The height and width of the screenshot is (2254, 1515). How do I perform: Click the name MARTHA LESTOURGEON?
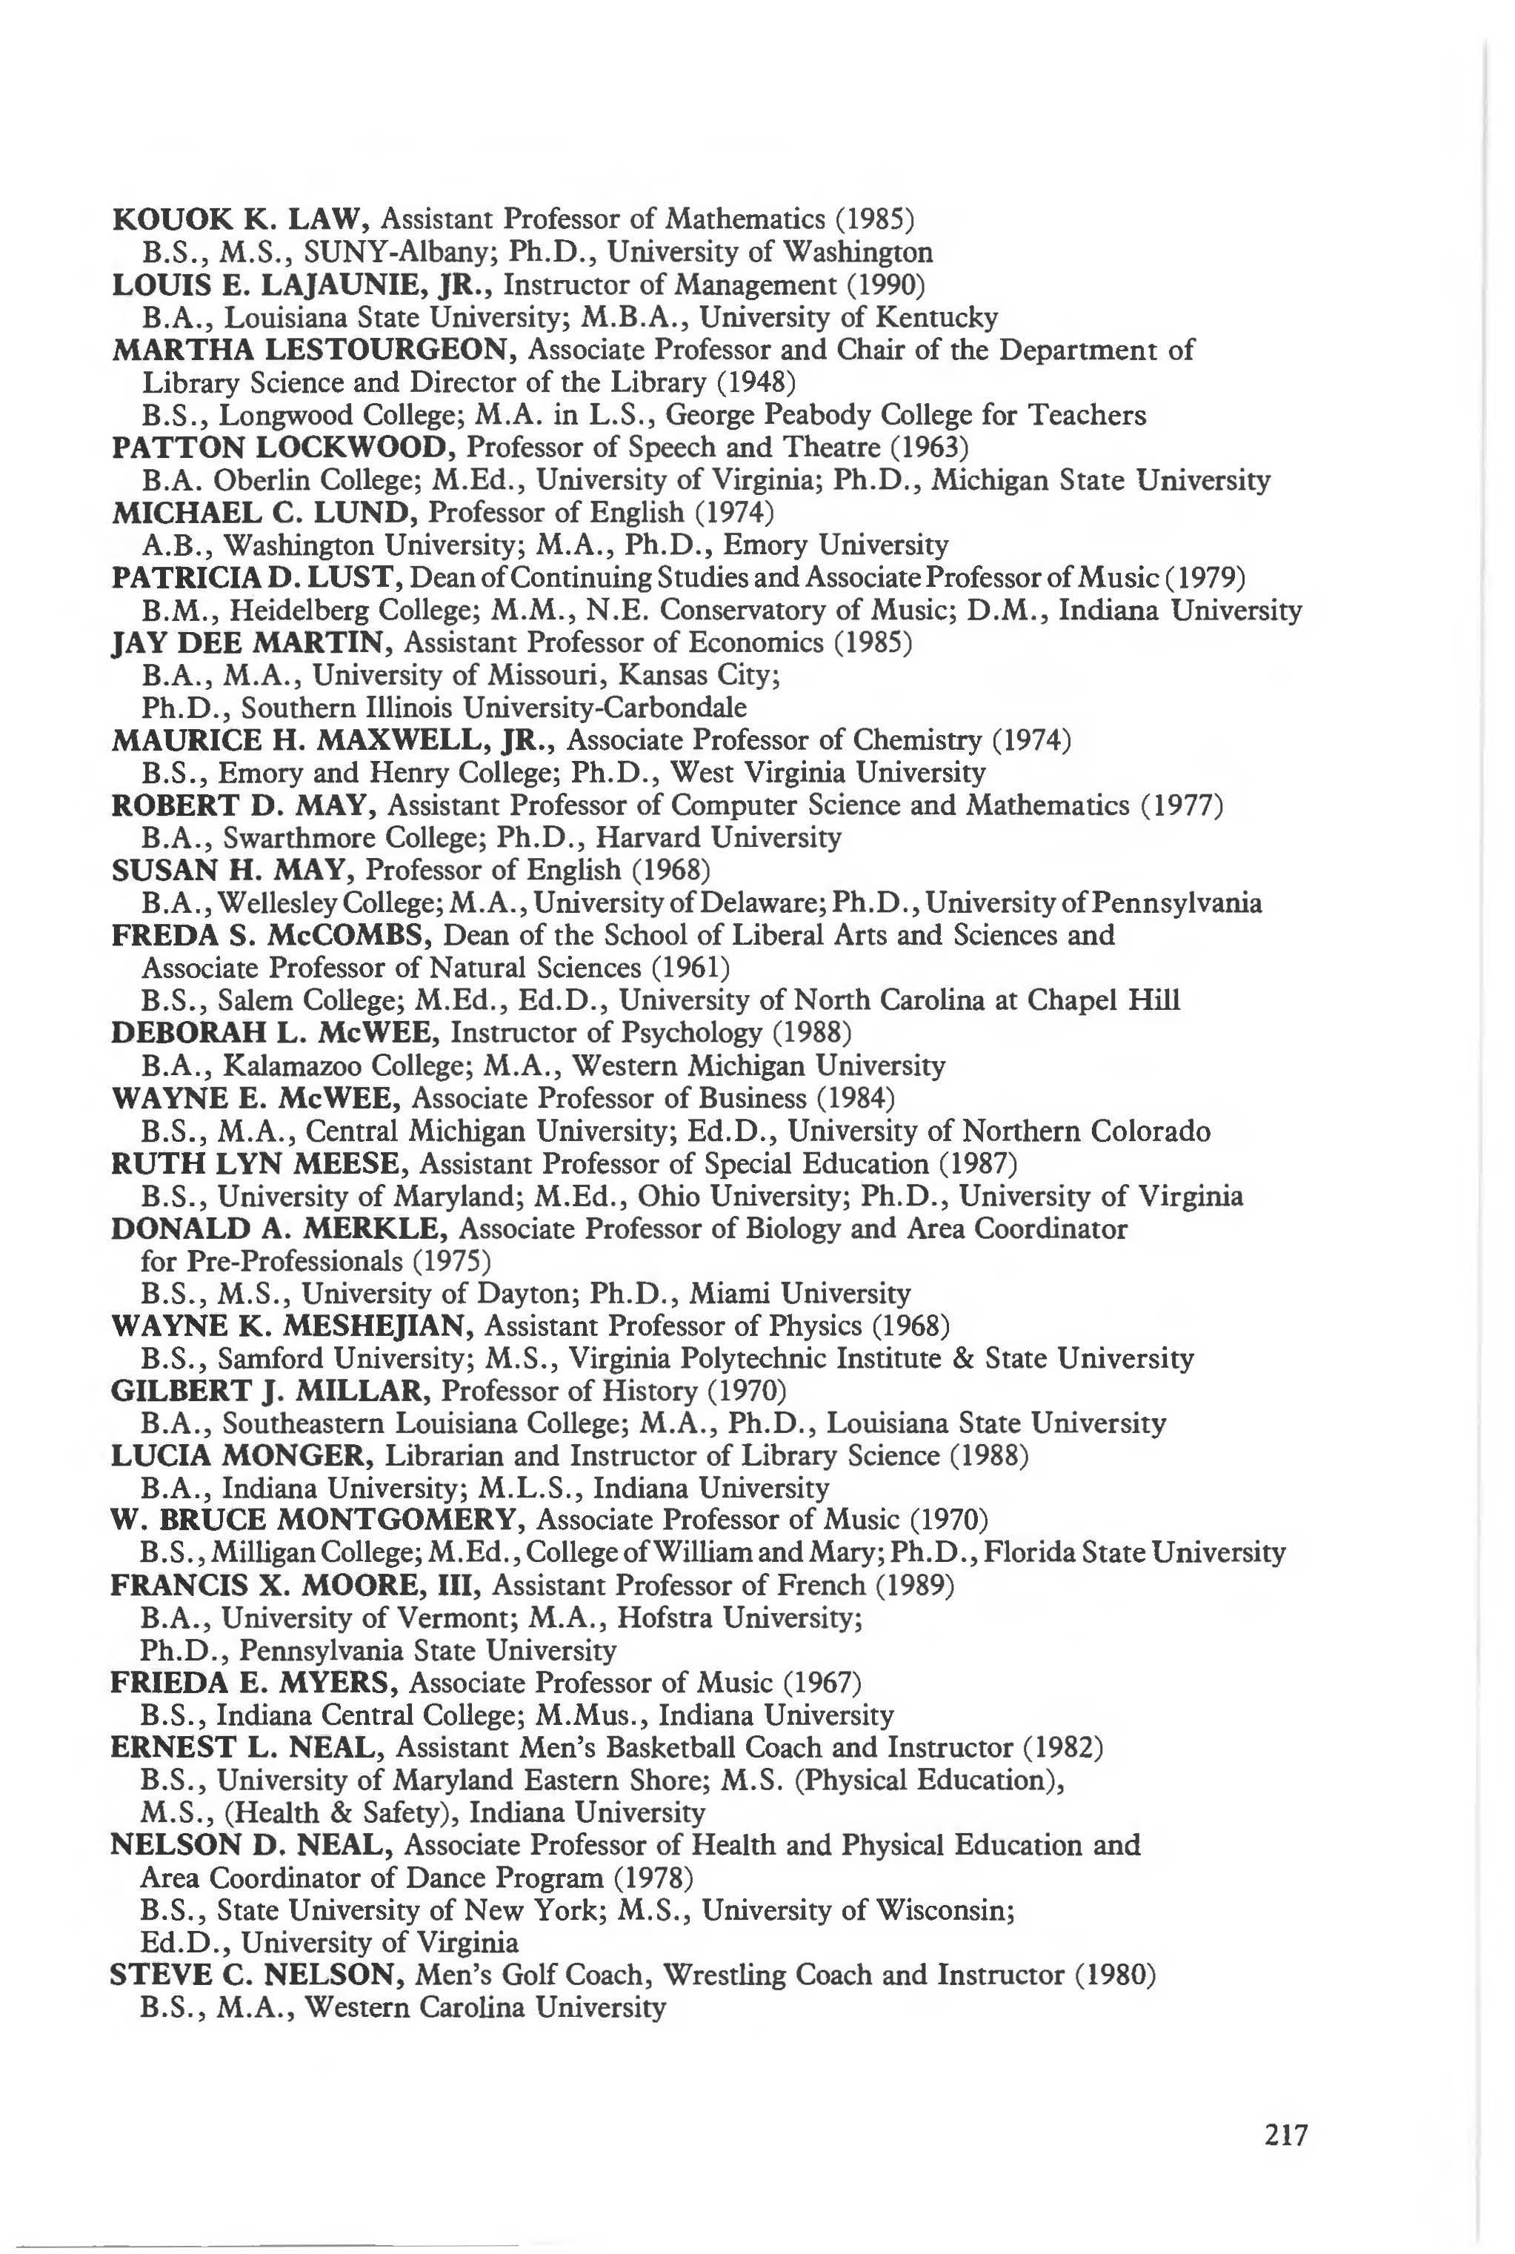tap(315, 350)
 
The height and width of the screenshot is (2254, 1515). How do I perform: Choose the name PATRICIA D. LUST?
tap(257, 578)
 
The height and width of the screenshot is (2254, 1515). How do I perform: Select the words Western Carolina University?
tap(485, 2009)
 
